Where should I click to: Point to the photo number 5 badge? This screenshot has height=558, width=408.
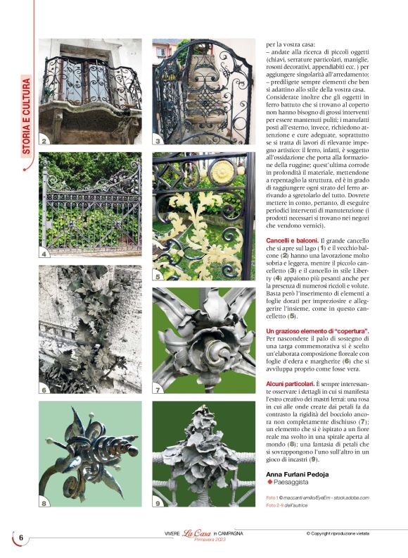(x=158, y=276)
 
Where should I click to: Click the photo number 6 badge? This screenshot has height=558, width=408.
(x=44, y=389)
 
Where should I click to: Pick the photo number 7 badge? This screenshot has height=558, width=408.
(x=158, y=389)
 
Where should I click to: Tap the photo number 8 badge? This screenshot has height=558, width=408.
(x=44, y=503)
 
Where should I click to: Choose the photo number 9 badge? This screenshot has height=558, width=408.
(x=158, y=503)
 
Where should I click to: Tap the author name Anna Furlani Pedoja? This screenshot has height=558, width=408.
(x=297, y=473)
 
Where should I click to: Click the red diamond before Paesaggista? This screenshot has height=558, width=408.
(x=269, y=483)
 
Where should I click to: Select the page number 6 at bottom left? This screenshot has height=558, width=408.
(x=20, y=538)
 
